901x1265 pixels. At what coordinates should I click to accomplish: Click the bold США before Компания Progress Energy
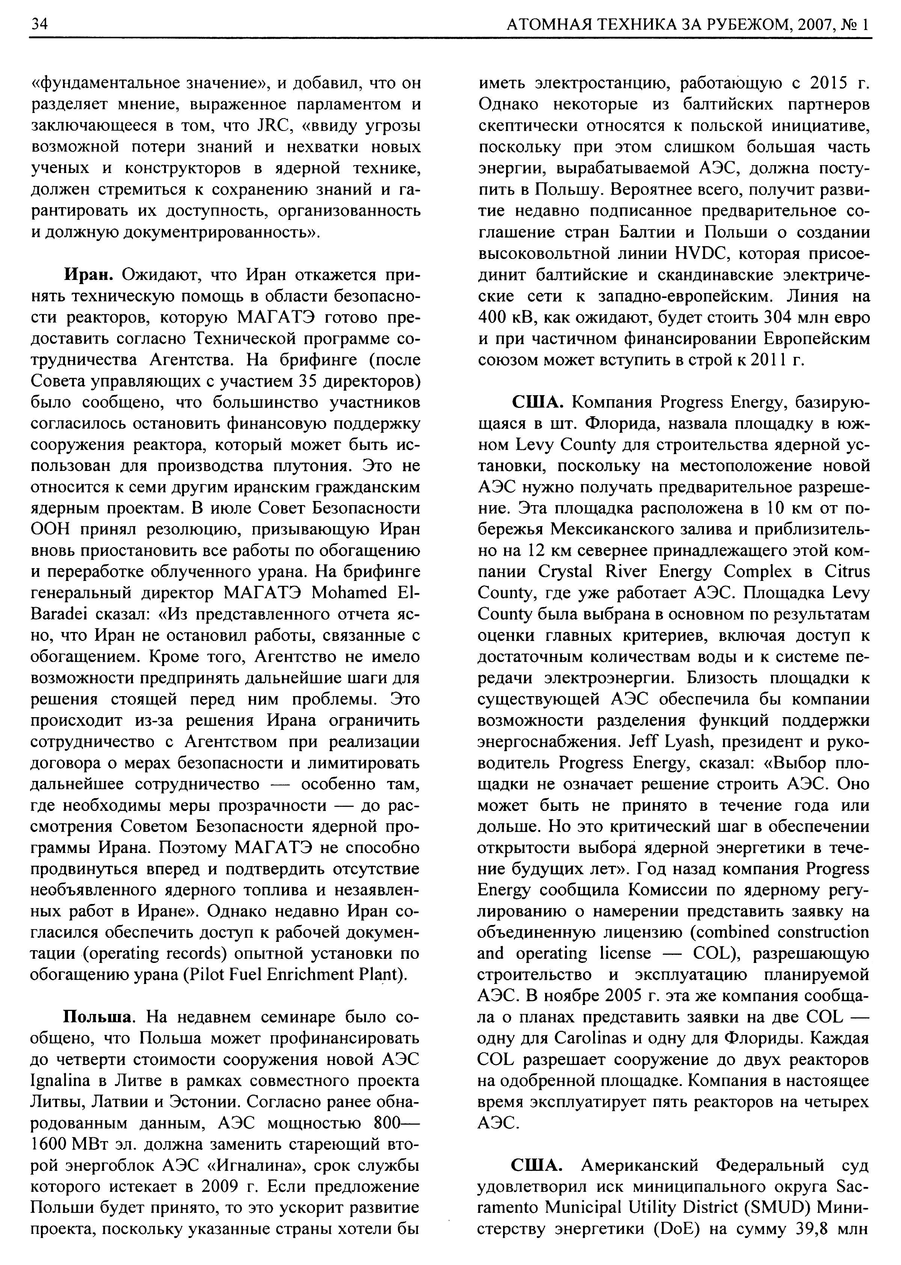534,402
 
